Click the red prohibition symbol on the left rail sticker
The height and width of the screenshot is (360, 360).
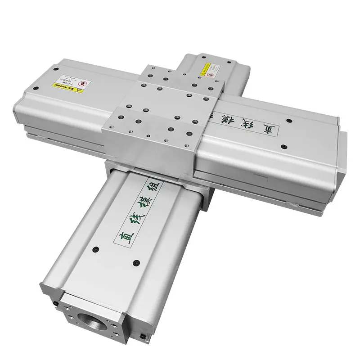[x=82, y=84]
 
